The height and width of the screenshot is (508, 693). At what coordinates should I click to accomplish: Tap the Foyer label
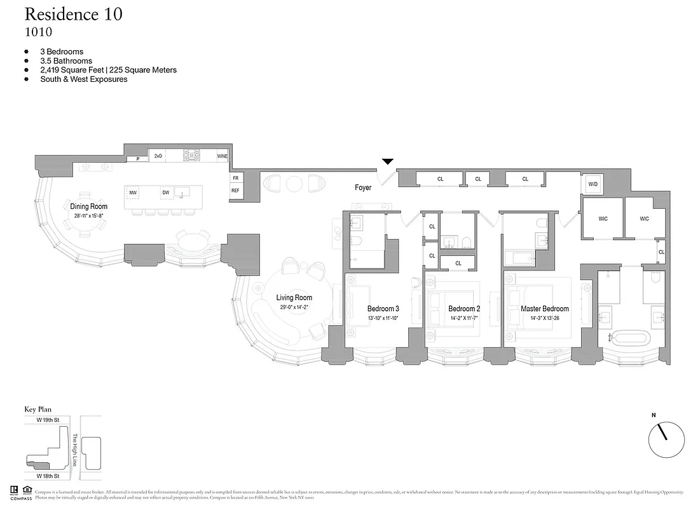363,187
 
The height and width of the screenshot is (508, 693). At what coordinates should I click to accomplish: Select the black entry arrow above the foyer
387,162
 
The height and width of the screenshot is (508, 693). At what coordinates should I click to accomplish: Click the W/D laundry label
593,184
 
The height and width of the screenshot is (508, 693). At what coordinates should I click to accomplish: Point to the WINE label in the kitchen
222,156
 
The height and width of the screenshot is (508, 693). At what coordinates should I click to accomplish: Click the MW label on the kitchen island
133,192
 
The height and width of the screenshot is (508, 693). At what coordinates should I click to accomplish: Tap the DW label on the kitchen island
165,192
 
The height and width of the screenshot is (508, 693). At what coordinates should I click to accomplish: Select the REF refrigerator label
235,190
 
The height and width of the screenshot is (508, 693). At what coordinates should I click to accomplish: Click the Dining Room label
88,206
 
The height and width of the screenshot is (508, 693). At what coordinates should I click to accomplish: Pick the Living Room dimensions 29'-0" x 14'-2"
294,307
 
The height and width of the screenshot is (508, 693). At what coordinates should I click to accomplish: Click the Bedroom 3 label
383,309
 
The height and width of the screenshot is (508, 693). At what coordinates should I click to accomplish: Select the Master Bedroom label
545,309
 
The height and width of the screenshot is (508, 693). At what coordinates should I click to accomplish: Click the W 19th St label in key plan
48,420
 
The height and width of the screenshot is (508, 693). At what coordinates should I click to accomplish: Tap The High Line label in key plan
74,450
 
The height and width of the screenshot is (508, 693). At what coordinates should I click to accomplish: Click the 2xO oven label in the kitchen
158,156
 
